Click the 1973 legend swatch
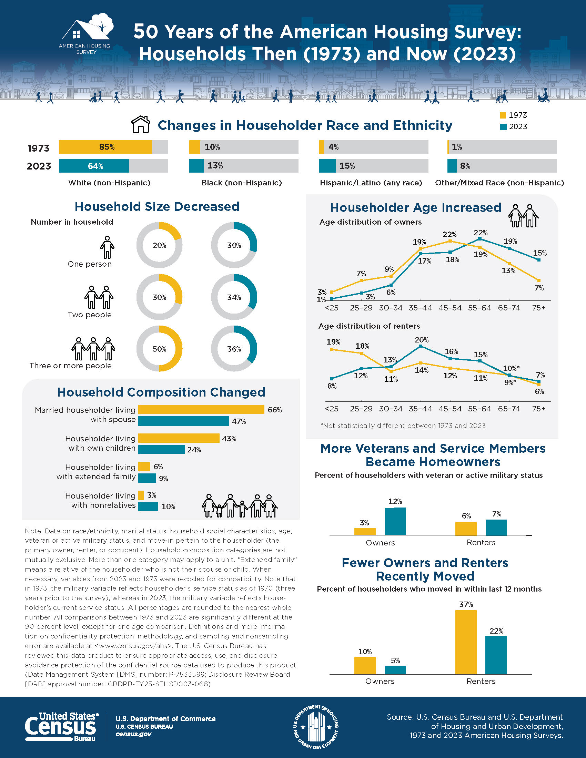tap(503, 115)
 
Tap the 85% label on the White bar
tap(107, 147)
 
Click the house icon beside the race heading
tap(141, 124)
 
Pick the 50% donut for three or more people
tap(159, 349)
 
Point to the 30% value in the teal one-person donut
tap(234, 245)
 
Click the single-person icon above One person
tap(107, 247)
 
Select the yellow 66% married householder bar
tap(201, 410)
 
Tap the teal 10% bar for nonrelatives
tap(148, 506)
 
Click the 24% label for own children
tap(194, 450)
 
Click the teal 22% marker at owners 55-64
tap(480, 239)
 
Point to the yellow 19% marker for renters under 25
tap(332, 349)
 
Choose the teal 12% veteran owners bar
tap(395, 521)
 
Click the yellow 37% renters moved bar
tap(466, 642)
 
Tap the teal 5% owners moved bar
tap(395, 670)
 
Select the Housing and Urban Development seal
tap(316, 727)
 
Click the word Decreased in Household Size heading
tap(206, 206)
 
